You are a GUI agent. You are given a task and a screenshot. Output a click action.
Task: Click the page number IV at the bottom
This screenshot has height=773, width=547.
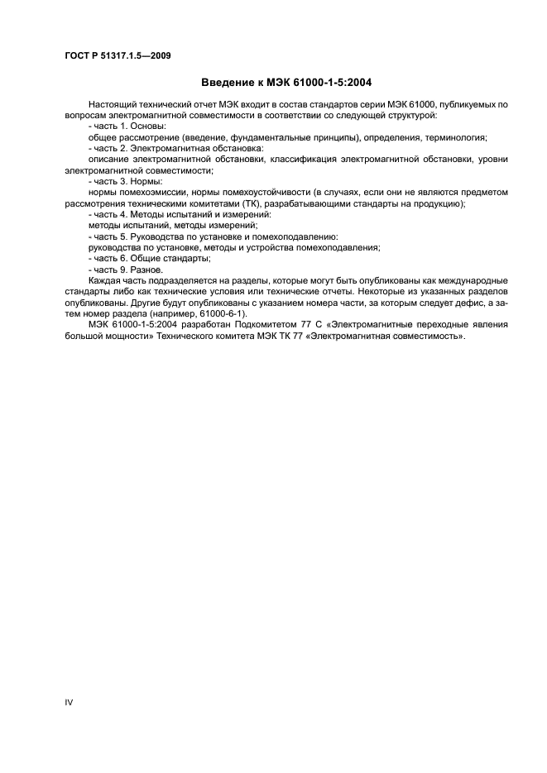(x=70, y=702)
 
